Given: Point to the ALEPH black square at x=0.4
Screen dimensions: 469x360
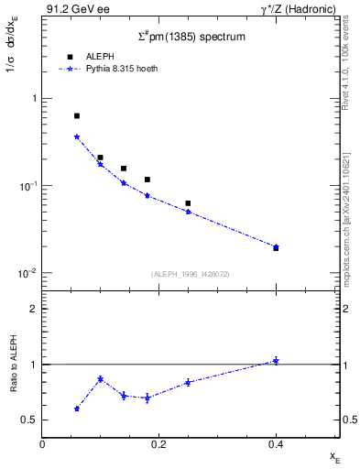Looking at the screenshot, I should [276, 248].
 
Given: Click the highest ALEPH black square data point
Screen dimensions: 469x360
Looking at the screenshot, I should [77, 116].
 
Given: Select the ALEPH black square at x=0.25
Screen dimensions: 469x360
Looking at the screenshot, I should [188, 203].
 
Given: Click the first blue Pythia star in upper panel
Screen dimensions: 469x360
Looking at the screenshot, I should [77, 136].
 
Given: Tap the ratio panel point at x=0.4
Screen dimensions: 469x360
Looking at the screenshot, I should [276, 361].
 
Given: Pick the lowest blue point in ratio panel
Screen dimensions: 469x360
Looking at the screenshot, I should [77, 409].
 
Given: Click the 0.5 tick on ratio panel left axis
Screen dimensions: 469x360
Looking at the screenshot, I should [30, 420].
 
